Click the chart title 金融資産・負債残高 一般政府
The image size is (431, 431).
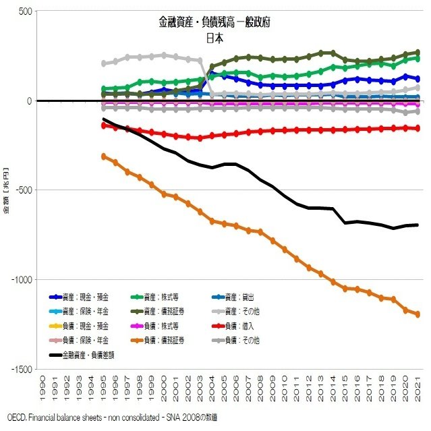point(214,23)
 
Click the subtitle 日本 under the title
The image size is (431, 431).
point(214,38)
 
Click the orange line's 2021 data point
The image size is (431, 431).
point(418,314)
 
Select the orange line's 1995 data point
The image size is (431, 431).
point(104,156)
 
